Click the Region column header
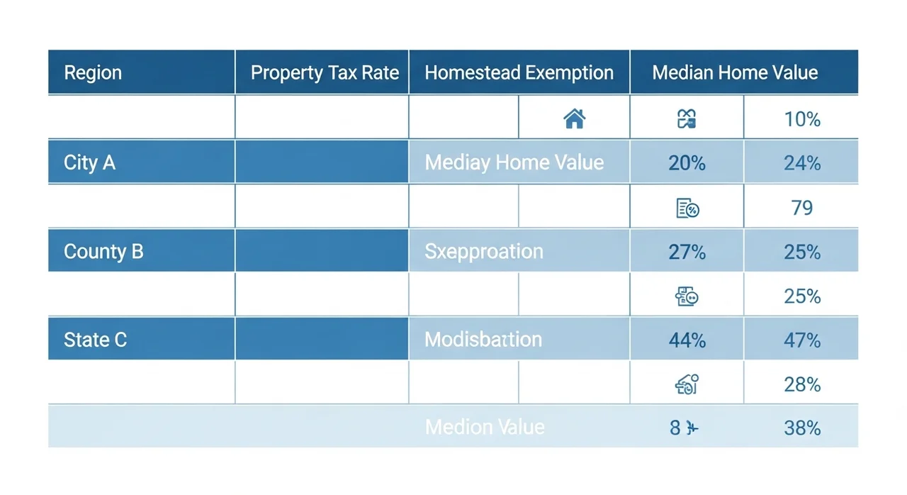coord(93,73)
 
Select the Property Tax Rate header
coord(325,73)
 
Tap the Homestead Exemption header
coord(519,73)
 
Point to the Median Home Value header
coord(735,73)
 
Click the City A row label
coord(89,162)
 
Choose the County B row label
coord(103,252)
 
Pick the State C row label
coord(95,340)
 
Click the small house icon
coord(574,118)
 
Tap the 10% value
coord(802,119)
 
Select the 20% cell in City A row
coord(687,163)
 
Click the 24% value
coord(802,163)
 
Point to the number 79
coord(802,208)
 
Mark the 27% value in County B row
coord(687,252)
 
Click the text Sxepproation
coord(484,252)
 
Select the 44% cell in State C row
coord(687,340)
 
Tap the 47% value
coord(802,340)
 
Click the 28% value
coord(802,384)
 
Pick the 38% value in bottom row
coord(802,428)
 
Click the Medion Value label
coord(485,427)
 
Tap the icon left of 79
coord(687,208)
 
